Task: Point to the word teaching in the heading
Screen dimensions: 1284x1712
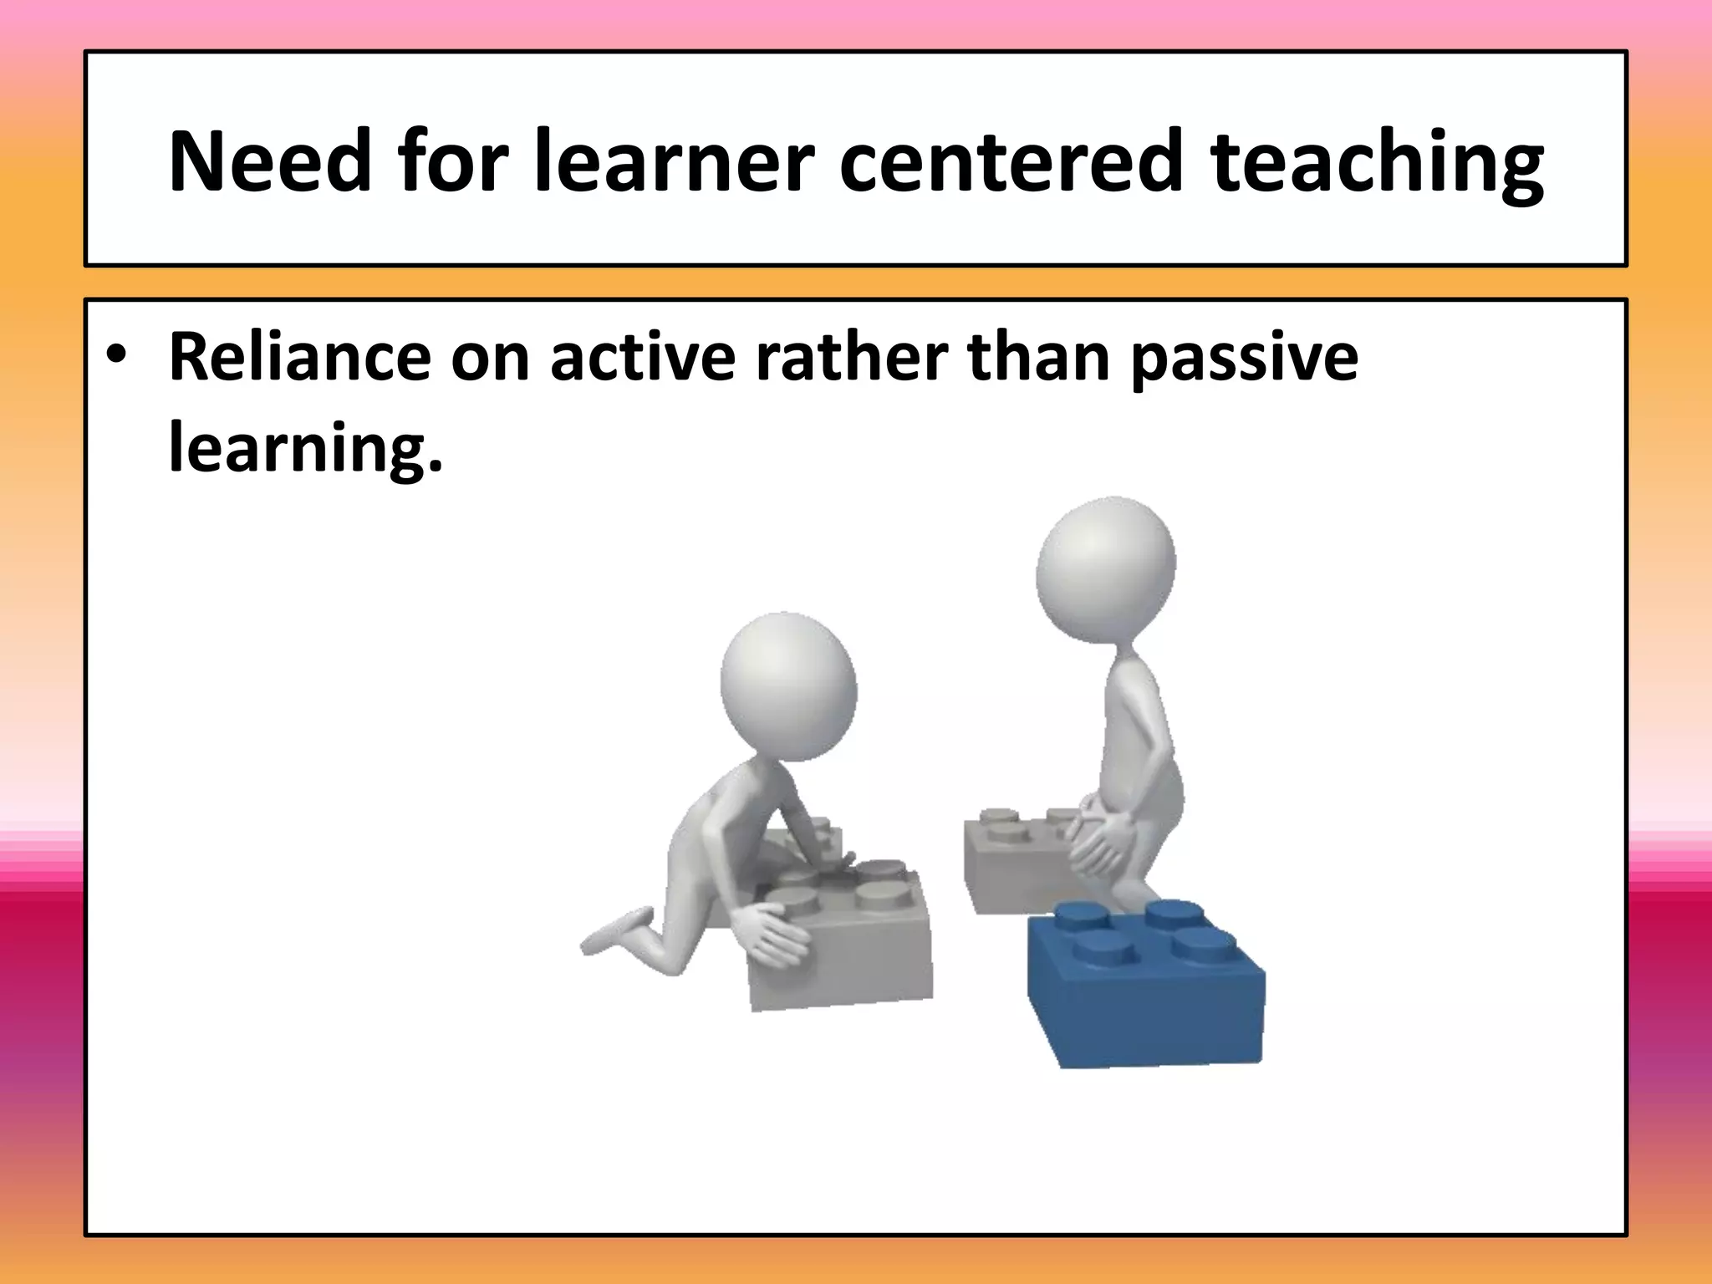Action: [x=1377, y=164]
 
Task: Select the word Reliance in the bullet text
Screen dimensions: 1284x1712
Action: [x=299, y=358]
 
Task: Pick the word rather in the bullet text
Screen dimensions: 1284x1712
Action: [x=850, y=358]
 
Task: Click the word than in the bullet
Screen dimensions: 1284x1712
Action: [x=1037, y=358]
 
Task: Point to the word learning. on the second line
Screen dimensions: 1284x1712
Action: [x=305, y=447]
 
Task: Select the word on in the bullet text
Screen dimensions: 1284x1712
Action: [x=491, y=358]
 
